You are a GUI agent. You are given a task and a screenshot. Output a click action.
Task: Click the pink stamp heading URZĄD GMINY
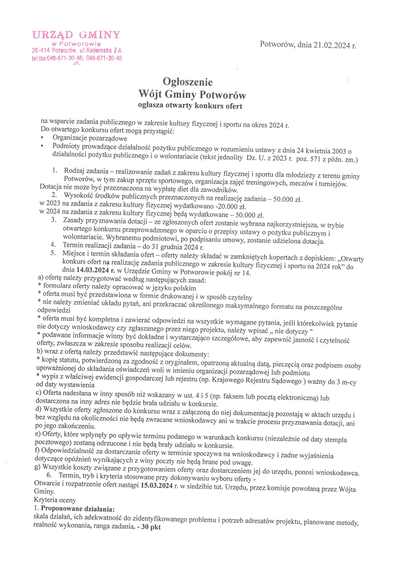coord(76,35)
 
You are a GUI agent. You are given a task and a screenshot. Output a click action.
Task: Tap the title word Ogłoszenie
coord(187,82)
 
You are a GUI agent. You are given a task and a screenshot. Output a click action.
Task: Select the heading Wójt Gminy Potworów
coord(192,95)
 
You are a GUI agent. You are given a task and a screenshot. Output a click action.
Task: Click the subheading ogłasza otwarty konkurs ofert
coord(190,106)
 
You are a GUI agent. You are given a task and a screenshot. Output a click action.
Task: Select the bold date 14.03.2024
coord(92,270)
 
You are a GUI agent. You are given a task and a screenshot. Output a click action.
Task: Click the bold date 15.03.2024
coord(156,485)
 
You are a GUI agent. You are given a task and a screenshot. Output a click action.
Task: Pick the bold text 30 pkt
coord(151,527)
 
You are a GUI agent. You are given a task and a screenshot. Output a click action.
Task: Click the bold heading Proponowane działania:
coord(78,509)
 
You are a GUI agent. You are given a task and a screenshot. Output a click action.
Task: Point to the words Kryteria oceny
coord(55,500)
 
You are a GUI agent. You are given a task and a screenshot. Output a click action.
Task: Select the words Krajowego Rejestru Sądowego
coord(257,380)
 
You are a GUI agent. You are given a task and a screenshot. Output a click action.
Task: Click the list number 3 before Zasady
coord(54,220)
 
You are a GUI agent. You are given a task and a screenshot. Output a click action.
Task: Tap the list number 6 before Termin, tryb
coord(49,475)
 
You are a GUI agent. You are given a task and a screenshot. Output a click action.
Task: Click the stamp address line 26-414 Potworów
coord(77,51)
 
